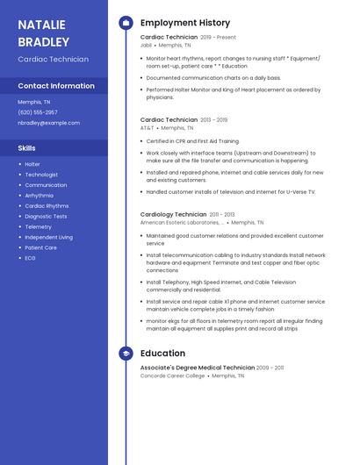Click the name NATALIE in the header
point(43,24)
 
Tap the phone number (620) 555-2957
point(38,112)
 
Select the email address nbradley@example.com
point(48,123)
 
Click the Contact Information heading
point(56,86)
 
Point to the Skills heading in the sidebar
point(27,148)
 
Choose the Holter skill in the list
point(32,164)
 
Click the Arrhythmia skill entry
point(40,196)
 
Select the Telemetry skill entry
point(38,226)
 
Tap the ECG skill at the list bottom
point(30,258)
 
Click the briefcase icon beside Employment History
point(126,23)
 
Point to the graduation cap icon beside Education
point(126,354)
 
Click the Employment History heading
point(185,23)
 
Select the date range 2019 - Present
point(219,37)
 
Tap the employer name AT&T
point(147,127)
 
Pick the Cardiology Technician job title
point(173,214)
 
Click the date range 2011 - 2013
point(222,214)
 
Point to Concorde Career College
point(172,376)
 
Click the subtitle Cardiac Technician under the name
point(53,60)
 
